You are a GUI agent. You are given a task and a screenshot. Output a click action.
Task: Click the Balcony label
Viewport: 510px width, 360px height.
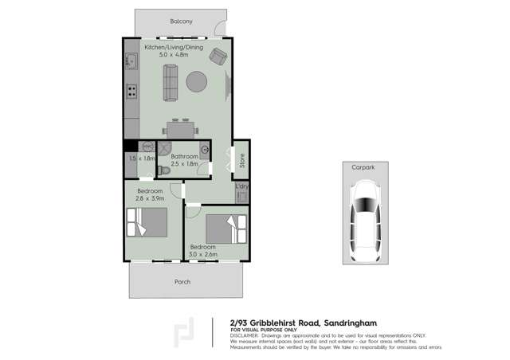click(x=182, y=22)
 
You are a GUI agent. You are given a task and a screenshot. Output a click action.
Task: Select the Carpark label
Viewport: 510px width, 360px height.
click(x=365, y=166)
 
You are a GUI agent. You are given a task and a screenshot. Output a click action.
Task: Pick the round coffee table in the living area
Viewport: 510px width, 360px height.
click(x=198, y=82)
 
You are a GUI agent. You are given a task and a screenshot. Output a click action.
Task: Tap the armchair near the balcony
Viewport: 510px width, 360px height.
click(x=218, y=55)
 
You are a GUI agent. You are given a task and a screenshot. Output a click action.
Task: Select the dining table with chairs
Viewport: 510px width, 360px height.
click(x=180, y=127)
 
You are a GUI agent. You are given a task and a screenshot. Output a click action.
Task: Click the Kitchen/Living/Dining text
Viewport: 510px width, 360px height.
click(x=174, y=47)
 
